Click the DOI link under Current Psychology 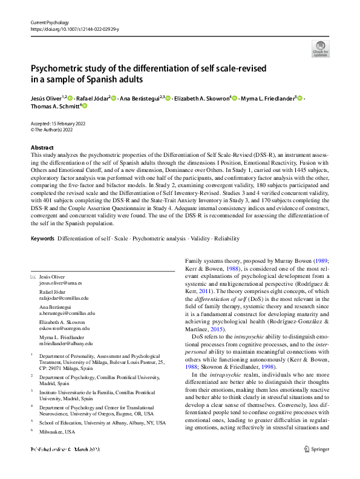(71, 28)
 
